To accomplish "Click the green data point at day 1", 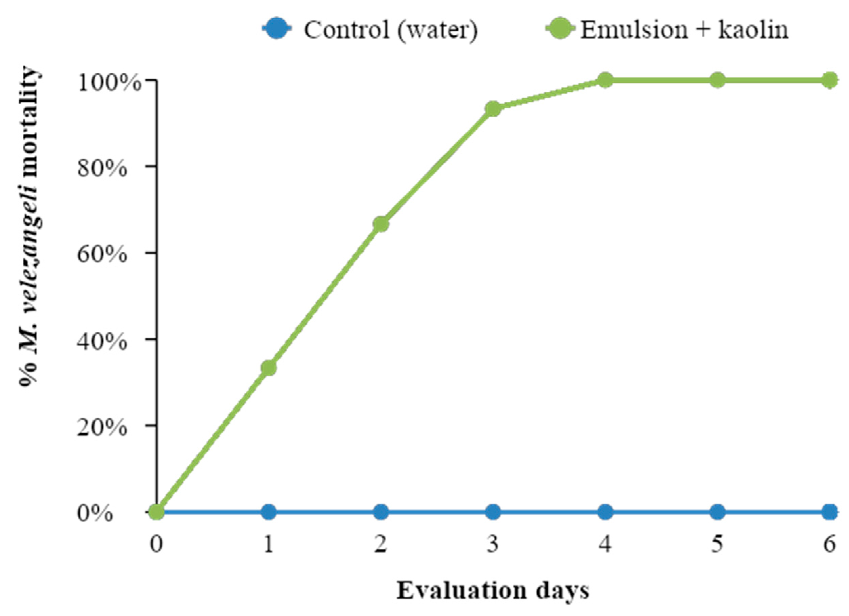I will (x=269, y=368).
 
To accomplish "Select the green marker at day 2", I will (x=381, y=224).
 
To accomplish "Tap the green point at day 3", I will (x=493, y=109).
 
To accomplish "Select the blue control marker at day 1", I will (x=269, y=512).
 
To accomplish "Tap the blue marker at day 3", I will (x=493, y=512).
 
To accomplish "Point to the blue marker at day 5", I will (x=717, y=512).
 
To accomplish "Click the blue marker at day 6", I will (x=830, y=512).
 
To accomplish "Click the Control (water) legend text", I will (x=390, y=30).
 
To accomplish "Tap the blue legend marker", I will (x=277, y=29).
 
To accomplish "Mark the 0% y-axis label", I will (x=95, y=514).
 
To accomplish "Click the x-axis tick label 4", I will (x=605, y=544).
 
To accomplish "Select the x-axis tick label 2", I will (x=381, y=544).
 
